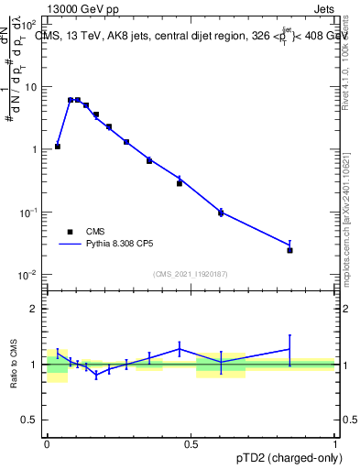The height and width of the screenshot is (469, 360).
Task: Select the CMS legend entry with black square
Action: pos(70,232)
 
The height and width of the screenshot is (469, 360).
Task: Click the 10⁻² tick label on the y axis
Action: pos(28,275)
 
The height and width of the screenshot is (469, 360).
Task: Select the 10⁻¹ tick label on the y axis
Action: pos(28,213)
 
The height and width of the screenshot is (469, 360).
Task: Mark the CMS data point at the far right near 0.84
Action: pos(289,250)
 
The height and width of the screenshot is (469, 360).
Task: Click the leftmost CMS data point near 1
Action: pos(58,146)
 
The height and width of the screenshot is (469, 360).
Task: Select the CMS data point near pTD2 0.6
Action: pos(221,213)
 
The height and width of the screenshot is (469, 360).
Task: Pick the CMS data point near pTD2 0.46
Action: pos(180,183)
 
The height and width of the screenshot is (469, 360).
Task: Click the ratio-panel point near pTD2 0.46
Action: pos(180,348)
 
